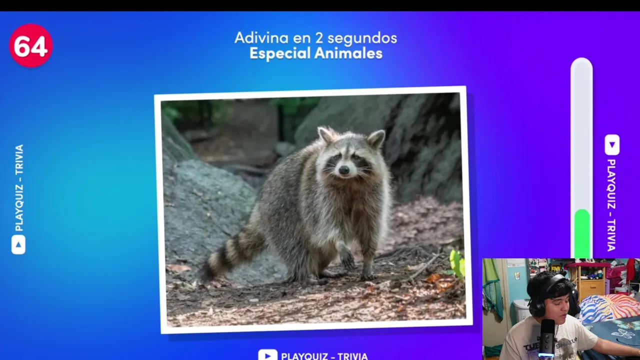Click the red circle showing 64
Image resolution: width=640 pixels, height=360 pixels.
pyautogui.click(x=31, y=45)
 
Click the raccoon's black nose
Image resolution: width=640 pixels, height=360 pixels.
pyautogui.click(x=343, y=170)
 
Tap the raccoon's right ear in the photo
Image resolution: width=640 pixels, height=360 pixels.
pyautogui.click(x=376, y=138)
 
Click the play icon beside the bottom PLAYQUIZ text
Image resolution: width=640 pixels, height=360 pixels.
pyautogui.click(x=267, y=355)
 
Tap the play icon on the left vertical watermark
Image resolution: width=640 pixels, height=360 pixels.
pyautogui.click(x=18, y=244)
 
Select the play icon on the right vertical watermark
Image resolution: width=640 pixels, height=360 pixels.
pyautogui.click(x=612, y=145)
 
